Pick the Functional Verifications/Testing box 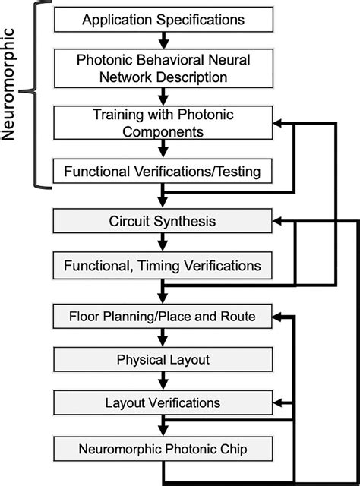pyautogui.click(x=163, y=172)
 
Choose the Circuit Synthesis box pyautogui.click(x=163, y=221)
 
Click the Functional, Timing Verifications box pyautogui.click(x=163, y=266)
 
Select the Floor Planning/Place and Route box pyautogui.click(x=163, y=314)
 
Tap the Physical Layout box pyautogui.click(x=163, y=358)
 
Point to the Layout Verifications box pyautogui.click(x=163, y=402)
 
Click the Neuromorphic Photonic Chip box pyautogui.click(x=163, y=448)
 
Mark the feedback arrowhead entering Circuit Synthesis pyautogui.click(x=279, y=221)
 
